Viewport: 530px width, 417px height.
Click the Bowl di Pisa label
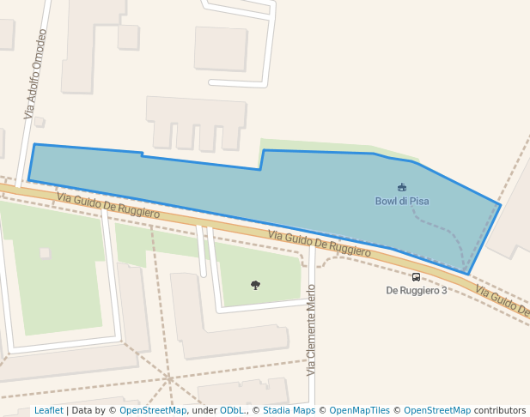401,201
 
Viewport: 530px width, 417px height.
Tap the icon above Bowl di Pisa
401,187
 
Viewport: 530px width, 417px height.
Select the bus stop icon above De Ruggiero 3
416,277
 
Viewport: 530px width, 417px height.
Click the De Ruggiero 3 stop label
416,290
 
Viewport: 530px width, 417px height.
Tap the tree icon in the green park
255,284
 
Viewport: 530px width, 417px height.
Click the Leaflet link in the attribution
48,410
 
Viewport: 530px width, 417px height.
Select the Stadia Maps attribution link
289,410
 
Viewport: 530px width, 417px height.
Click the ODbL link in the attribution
232,410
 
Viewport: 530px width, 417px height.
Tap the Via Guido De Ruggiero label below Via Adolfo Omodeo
108,205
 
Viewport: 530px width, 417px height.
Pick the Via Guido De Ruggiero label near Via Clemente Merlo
319,244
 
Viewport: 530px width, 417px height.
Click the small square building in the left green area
45,252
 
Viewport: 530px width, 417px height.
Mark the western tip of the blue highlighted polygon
29,179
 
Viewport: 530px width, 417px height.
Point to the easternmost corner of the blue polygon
500,205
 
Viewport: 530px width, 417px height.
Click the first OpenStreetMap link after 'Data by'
153,410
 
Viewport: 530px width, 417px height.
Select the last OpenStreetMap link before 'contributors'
436,410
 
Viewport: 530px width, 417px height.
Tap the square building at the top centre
221,48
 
